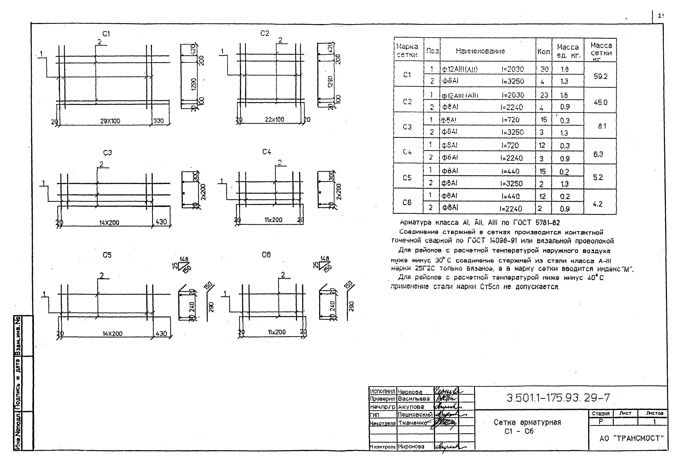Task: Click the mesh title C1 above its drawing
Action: click(106, 34)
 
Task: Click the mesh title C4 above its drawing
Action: click(267, 152)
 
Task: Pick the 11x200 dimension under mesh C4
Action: click(273, 220)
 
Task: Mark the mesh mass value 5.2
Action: click(598, 177)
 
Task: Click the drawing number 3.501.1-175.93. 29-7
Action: click(558, 398)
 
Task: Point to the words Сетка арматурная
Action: click(527, 422)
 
